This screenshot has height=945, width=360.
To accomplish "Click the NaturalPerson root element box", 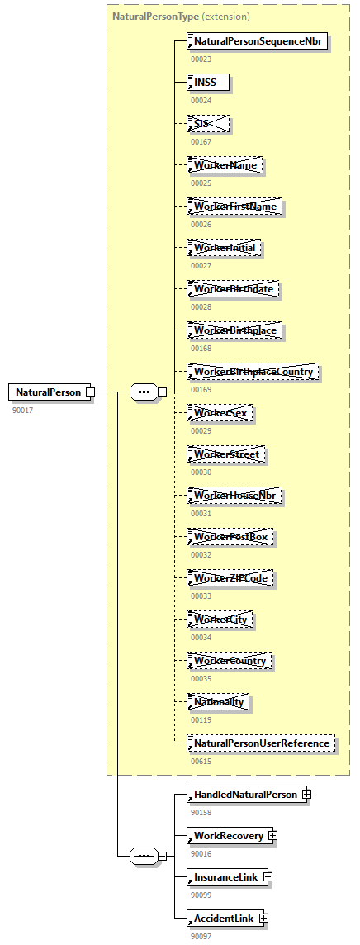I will coord(48,392).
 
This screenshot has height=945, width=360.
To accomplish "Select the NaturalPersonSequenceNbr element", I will coord(258,41).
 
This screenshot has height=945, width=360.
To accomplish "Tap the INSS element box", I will coord(207,83).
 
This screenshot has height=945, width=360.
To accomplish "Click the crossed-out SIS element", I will coord(207,124).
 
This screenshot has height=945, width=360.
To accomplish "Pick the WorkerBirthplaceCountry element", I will coord(253,372).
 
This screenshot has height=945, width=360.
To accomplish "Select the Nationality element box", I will coord(219,702).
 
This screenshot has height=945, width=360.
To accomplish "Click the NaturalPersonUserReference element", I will coord(261,743).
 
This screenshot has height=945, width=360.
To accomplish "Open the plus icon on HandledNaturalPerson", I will coord(306,795).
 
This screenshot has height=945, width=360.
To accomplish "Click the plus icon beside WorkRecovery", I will coord(272,836).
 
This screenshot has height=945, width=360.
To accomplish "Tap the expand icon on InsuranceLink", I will coord(268,877).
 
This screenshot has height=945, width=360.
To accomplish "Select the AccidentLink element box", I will coord(223,919).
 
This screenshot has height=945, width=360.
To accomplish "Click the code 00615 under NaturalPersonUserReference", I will coord(201,761).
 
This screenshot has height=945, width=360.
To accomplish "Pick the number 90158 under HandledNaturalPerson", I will coord(201,812).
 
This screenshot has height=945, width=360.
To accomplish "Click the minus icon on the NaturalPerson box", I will coord(90,392).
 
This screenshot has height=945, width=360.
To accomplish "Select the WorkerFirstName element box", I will coord(236,207).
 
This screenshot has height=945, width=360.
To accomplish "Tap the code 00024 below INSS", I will coord(201,100).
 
